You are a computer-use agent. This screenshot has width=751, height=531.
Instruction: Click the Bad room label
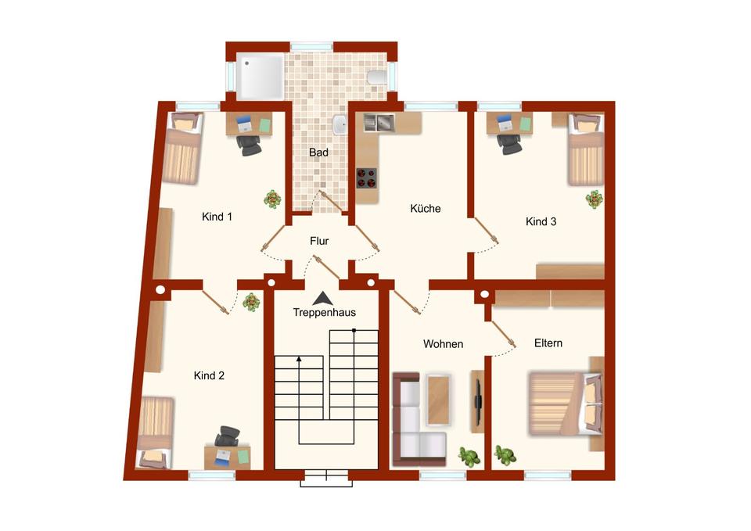click(x=318, y=152)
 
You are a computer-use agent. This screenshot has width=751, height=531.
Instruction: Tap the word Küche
click(x=426, y=209)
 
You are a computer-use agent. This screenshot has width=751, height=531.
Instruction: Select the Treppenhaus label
click(x=324, y=313)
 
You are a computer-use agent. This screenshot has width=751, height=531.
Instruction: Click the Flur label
click(x=319, y=242)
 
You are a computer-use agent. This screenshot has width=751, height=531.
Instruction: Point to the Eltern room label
click(x=548, y=343)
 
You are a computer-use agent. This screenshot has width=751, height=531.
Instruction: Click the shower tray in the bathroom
click(x=259, y=75)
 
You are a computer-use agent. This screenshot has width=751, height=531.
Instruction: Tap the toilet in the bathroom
click(x=375, y=76)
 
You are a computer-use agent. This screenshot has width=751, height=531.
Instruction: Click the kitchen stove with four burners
click(x=366, y=178)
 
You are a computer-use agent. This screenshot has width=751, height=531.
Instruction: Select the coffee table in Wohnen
click(x=439, y=396)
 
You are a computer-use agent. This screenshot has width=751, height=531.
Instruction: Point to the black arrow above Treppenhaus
click(x=321, y=298)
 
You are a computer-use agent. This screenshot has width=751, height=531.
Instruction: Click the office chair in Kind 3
click(x=509, y=143)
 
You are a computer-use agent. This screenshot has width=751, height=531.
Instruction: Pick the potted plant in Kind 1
click(x=272, y=199)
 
